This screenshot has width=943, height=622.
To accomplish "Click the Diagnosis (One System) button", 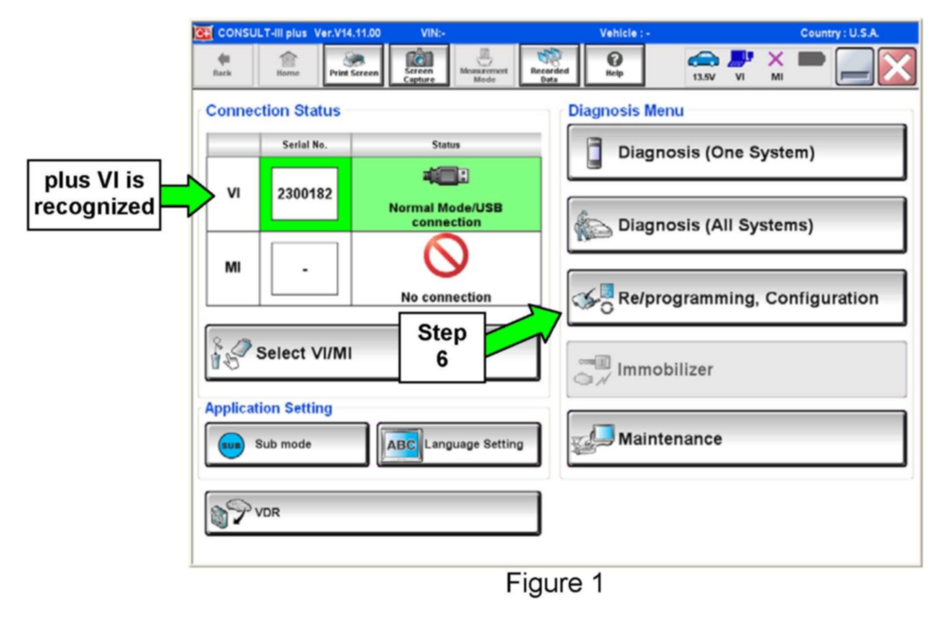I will point(736,152).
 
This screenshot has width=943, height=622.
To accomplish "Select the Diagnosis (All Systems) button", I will point(736,225).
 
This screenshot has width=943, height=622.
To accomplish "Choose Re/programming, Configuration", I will point(736,298).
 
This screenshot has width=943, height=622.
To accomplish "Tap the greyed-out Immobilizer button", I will point(736,369).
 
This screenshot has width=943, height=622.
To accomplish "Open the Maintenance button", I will point(736,439).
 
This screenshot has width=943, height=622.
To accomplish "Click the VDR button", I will point(372,512).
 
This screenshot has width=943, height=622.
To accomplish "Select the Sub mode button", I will point(287,444).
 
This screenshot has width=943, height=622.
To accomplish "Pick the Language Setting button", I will point(459,444).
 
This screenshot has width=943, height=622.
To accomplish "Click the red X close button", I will point(897,67).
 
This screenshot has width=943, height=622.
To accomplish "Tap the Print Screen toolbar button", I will point(353,66).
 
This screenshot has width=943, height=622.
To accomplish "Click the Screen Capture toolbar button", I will point(419,66).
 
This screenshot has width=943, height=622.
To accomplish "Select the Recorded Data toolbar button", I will point(549,66).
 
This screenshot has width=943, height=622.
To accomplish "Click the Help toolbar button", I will point(614,66).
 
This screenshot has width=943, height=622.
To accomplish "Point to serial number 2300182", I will point(304,194).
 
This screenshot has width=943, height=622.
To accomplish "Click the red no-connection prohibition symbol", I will point(445,256).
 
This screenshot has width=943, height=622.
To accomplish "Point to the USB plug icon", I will point(446,176).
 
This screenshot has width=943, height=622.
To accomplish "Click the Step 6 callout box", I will point(441,347).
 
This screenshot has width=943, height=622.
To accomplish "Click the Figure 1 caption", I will point(554,583).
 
